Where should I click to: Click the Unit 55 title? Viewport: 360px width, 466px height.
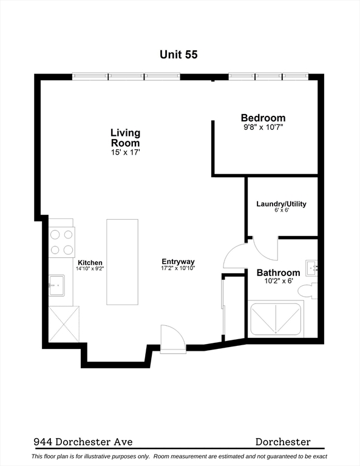point(178,55)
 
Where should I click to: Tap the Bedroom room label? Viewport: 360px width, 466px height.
point(263,118)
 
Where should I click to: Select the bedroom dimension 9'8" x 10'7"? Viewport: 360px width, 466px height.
point(263,127)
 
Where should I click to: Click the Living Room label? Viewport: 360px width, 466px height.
point(126,138)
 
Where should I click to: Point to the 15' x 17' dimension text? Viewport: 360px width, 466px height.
point(126,152)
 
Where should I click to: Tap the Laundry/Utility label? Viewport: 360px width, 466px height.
point(281,204)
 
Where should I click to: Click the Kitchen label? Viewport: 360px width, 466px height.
point(90,263)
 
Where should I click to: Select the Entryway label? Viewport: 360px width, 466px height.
point(178,262)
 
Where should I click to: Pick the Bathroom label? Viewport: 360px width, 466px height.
point(278,272)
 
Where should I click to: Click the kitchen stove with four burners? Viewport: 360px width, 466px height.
point(61,242)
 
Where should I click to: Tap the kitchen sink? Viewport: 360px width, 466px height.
point(56,285)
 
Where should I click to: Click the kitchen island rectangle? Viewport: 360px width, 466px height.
point(122,262)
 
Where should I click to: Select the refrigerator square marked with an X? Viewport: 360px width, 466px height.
point(64,324)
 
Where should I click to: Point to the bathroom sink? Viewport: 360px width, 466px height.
point(311,268)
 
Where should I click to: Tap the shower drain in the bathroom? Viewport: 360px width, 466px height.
point(276,332)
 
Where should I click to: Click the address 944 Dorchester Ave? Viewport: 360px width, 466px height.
point(83,442)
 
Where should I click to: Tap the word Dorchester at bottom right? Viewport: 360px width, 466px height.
point(283,442)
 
